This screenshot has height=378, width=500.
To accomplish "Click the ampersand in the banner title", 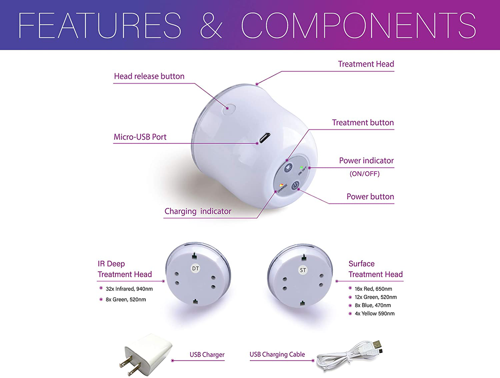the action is (x=211, y=25).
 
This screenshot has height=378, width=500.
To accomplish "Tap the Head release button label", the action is (x=149, y=76).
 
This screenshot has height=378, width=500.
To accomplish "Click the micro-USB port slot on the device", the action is (x=265, y=138).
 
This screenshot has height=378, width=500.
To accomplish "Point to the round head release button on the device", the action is (x=229, y=108).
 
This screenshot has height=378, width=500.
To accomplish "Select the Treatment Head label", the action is (x=366, y=64).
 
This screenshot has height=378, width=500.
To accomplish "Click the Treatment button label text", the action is (x=363, y=122).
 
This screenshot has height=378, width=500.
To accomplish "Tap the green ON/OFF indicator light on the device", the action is (x=302, y=168).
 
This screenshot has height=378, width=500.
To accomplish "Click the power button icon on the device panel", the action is (x=296, y=185).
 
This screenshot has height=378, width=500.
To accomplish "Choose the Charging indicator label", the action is (x=198, y=211).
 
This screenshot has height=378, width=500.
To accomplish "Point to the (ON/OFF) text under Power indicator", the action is (x=364, y=174).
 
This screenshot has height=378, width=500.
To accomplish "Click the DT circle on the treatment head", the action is (x=196, y=268).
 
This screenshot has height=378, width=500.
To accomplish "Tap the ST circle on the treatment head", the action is (x=303, y=270).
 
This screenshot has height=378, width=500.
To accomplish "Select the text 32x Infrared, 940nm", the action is (x=129, y=289).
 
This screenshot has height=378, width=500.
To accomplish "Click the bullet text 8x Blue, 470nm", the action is (x=373, y=305).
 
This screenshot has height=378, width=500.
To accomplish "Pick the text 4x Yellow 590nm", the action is (x=374, y=313).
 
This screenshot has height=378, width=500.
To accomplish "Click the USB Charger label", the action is (x=207, y=354).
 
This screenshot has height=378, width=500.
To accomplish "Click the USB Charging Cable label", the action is (x=277, y=354).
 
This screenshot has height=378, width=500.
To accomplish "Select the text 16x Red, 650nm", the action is (x=373, y=289).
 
